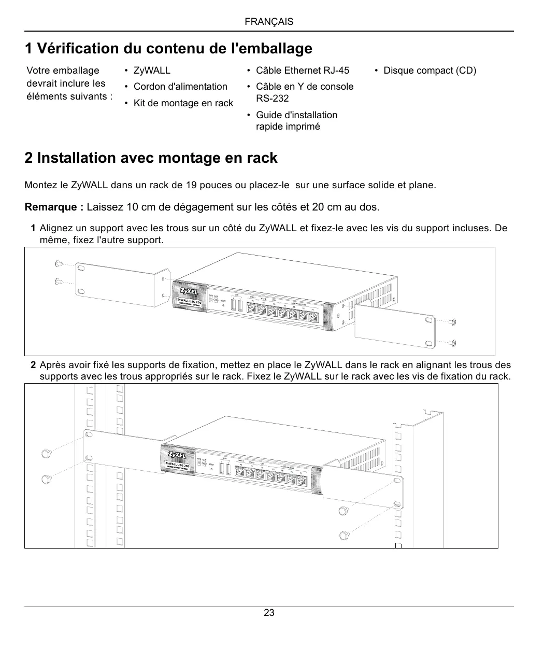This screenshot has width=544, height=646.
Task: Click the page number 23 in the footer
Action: (269, 613)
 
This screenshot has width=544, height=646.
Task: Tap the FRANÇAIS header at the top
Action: (269, 22)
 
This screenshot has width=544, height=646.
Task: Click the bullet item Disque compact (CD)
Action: (430, 71)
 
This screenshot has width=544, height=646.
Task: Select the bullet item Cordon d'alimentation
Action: (180, 87)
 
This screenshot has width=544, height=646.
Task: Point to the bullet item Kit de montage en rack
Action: (183, 103)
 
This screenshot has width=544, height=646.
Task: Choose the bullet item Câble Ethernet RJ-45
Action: (303, 71)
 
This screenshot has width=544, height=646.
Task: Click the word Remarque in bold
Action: (54, 207)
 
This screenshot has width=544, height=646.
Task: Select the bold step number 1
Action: (33, 228)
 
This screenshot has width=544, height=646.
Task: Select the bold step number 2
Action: (33, 366)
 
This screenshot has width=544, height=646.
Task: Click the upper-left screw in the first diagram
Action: (59, 264)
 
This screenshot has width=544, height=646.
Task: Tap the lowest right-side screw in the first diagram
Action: (453, 343)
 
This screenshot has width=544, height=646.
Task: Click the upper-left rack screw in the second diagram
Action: (46, 453)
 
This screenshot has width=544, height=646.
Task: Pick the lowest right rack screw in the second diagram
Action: (343, 535)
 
